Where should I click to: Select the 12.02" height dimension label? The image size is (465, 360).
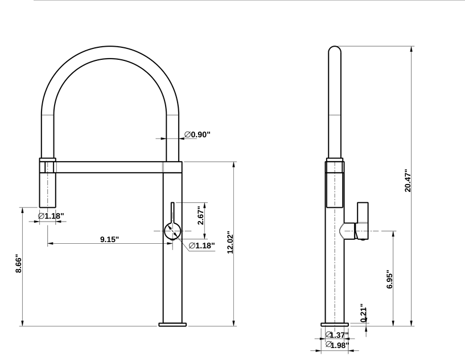tap(231, 243)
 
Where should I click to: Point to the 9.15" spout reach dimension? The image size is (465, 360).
tap(109, 239)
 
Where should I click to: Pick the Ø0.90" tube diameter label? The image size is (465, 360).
tap(197, 134)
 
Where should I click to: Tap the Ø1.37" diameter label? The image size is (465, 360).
tap(336, 335)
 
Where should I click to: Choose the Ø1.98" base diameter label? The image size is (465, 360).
tap(337, 345)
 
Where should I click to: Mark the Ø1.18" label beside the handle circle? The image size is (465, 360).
tap(201, 246)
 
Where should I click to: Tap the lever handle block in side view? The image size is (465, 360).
tap(362, 220)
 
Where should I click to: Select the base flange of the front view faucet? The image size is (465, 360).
tap(172, 324)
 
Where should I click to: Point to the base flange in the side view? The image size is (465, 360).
tap(335, 324)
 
